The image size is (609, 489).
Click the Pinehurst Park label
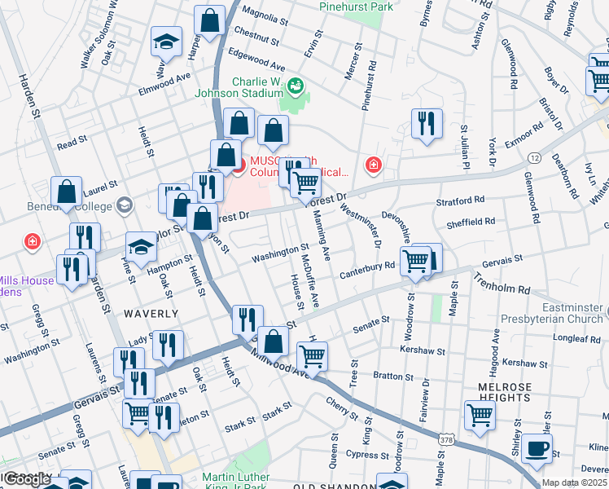(x=357, y=7)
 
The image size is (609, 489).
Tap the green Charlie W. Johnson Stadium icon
(x=296, y=84)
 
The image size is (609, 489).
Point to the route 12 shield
(x=534, y=156)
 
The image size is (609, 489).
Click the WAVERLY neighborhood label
(x=151, y=313)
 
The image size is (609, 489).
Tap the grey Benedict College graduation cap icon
(x=125, y=204)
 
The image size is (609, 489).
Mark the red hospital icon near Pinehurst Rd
(x=374, y=166)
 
